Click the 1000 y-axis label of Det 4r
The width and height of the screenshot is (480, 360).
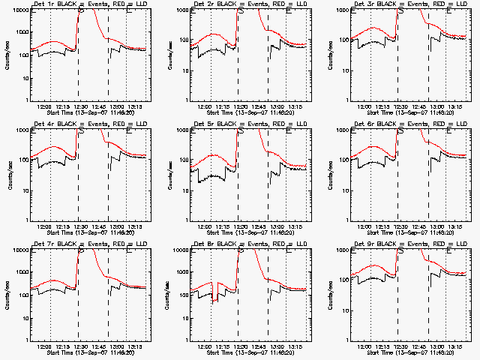(x=19, y=131)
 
